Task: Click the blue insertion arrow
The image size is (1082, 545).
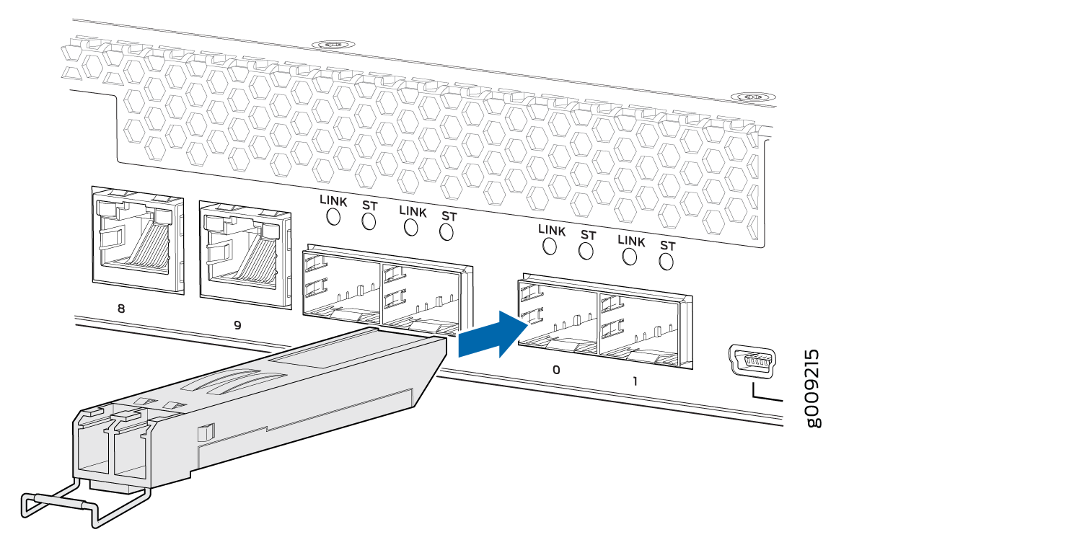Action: pyautogui.click(x=493, y=335)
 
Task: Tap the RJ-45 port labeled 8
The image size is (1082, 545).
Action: pyautogui.click(x=138, y=240)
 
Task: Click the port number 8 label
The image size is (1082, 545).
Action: pyautogui.click(x=121, y=309)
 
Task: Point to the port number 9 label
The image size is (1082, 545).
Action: pyautogui.click(x=237, y=325)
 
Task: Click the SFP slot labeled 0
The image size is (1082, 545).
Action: pyautogui.click(x=558, y=316)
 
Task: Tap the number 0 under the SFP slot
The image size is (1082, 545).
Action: pyautogui.click(x=556, y=371)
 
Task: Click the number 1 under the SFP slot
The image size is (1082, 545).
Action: pyautogui.click(x=635, y=381)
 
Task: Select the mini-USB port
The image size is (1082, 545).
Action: pyautogui.click(x=752, y=361)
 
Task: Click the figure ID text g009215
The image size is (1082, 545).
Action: pyautogui.click(x=814, y=389)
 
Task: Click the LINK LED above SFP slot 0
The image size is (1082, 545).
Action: pyautogui.click(x=549, y=247)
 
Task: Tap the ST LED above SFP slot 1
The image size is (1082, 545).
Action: pyautogui.click(x=666, y=262)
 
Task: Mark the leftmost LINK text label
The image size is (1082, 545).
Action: pyautogui.click(x=333, y=201)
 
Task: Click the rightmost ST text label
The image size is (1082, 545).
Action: pyautogui.click(x=667, y=246)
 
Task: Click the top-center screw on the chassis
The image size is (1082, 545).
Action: pyautogui.click(x=333, y=45)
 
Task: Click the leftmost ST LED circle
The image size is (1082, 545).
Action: pyautogui.click(x=369, y=221)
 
